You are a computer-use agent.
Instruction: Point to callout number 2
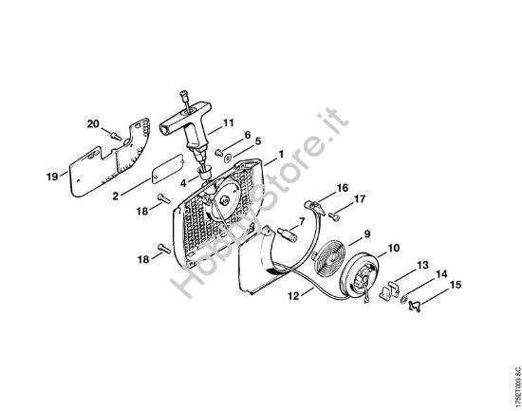pyautogui.click(x=115, y=196)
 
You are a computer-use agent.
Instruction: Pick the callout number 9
pyautogui.click(x=365, y=234)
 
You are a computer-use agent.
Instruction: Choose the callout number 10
pyautogui.click(x=394, y=249)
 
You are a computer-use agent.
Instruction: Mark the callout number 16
pyautogui.click(x=343, y=188)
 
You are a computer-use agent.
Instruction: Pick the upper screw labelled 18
pyautogui.click(x=164, y=199)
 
